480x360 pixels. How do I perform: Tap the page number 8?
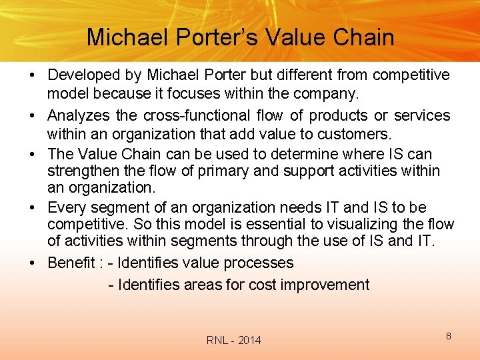click(448, 336)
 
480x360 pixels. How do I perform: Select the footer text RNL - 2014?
click(234, 341)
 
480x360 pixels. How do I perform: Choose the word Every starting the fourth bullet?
click(67, 208)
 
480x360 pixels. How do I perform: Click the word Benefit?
click(70, 263)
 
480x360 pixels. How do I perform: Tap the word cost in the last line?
click(263, 285)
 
